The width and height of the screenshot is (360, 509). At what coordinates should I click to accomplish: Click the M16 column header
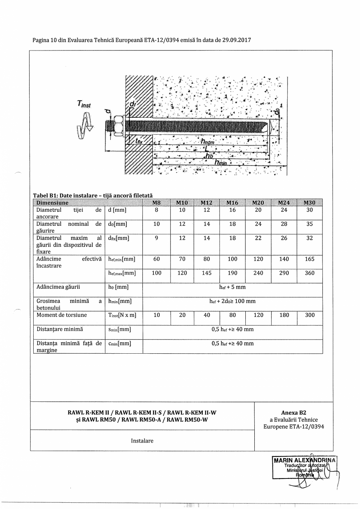pos(232,203)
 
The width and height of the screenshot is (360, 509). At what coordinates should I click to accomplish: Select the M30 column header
pos(310,203)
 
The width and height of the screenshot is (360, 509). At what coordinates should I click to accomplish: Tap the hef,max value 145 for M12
pos(207,273)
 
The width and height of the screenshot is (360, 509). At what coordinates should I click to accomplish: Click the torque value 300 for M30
pos(310,315)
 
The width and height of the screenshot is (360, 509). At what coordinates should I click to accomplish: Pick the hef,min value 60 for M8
pos(157,259)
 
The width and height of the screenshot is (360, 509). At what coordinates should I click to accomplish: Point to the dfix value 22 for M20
pos(258,238)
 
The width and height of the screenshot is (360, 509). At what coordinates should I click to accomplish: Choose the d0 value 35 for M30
pos(310,224)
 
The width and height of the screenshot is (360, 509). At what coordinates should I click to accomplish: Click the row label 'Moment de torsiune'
pos(62,315)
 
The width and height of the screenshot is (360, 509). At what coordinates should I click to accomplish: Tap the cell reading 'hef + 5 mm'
pos(232,287)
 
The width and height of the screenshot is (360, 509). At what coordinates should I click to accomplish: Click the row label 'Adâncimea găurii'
pos(58,287)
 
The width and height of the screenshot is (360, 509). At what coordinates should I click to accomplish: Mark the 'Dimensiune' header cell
pos(52,203)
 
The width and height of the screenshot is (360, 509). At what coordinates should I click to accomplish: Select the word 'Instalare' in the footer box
pos(142,441)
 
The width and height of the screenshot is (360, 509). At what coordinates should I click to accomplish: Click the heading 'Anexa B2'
pos(293,412)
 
